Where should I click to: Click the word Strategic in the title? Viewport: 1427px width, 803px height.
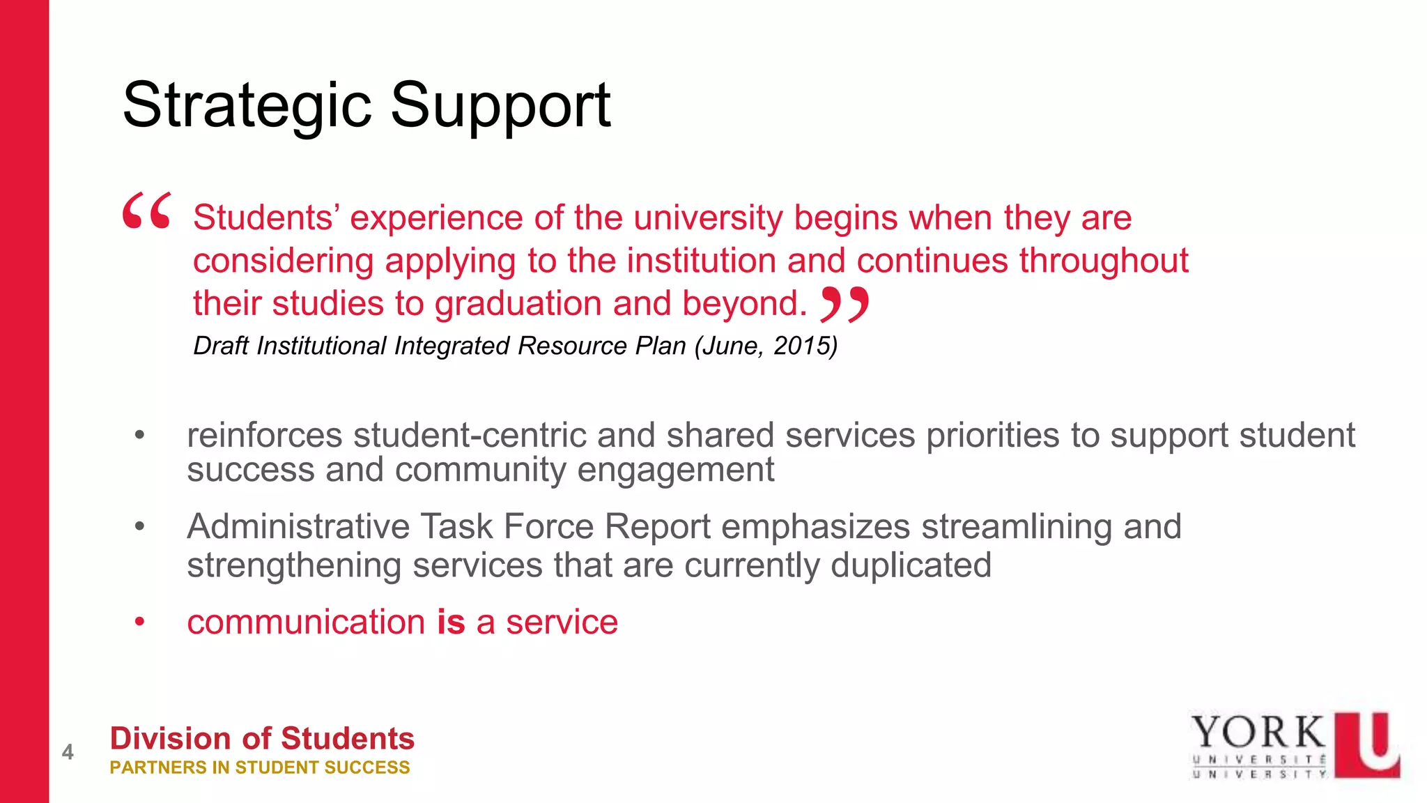tap(247, 106)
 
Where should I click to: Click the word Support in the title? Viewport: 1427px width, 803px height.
tap(500, 106)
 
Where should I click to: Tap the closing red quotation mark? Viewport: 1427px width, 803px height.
tap(844, 304)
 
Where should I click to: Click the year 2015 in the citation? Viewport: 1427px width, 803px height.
tap(805, 346)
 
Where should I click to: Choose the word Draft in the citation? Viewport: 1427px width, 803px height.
tap(219, 346)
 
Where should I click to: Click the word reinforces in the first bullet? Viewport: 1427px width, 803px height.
tap(265, 436)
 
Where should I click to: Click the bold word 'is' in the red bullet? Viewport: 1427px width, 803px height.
tap(451, 622)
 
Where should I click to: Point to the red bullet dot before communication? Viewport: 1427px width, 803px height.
tap(140, 621)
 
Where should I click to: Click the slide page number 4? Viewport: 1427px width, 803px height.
tap(68, 752)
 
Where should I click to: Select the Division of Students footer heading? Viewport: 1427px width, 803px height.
tap(262, 738)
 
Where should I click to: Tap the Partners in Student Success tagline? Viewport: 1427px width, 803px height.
tap(260, 767)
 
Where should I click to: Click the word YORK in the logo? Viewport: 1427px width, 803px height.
tap(1258, 733)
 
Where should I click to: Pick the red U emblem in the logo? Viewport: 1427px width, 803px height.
tap(1367, 744)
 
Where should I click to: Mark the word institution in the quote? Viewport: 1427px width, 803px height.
tap(702, 261)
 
